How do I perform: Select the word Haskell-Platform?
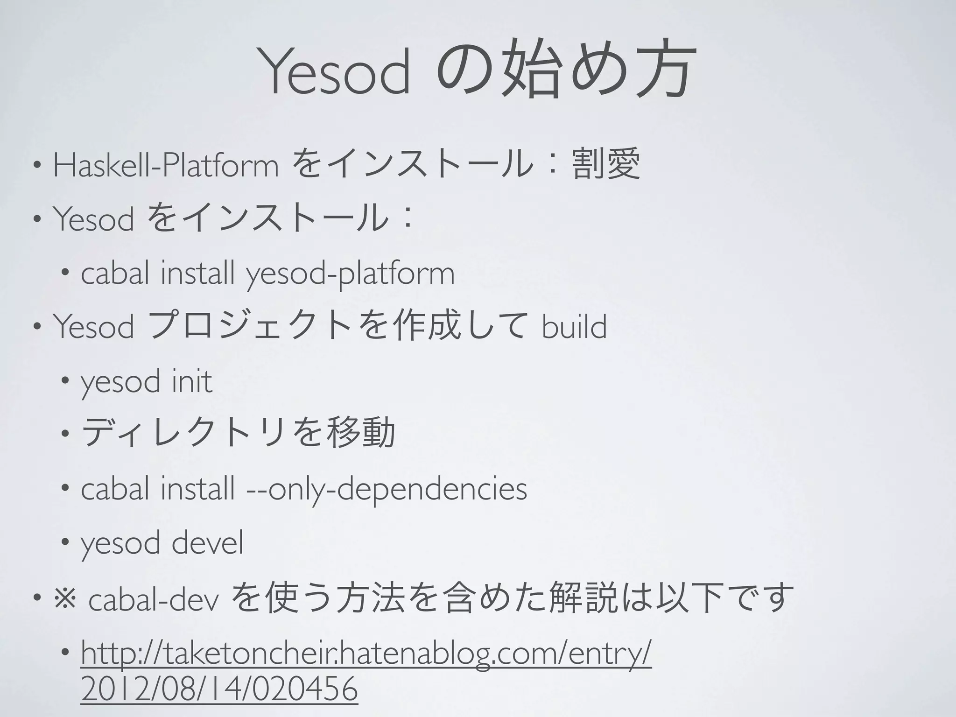tap(166, 165)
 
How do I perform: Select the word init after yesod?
tap(192, 381)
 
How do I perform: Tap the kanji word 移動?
tap(362, 432)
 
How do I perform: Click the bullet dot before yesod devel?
tap(65, 542)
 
